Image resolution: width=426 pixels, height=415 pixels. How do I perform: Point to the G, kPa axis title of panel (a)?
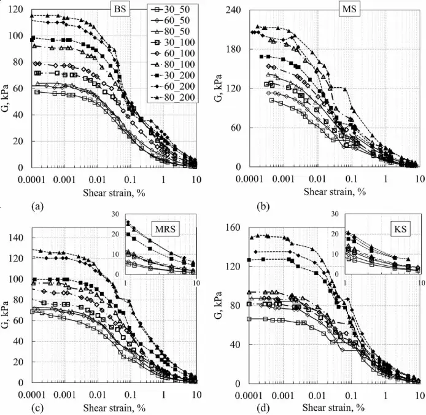7,91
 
